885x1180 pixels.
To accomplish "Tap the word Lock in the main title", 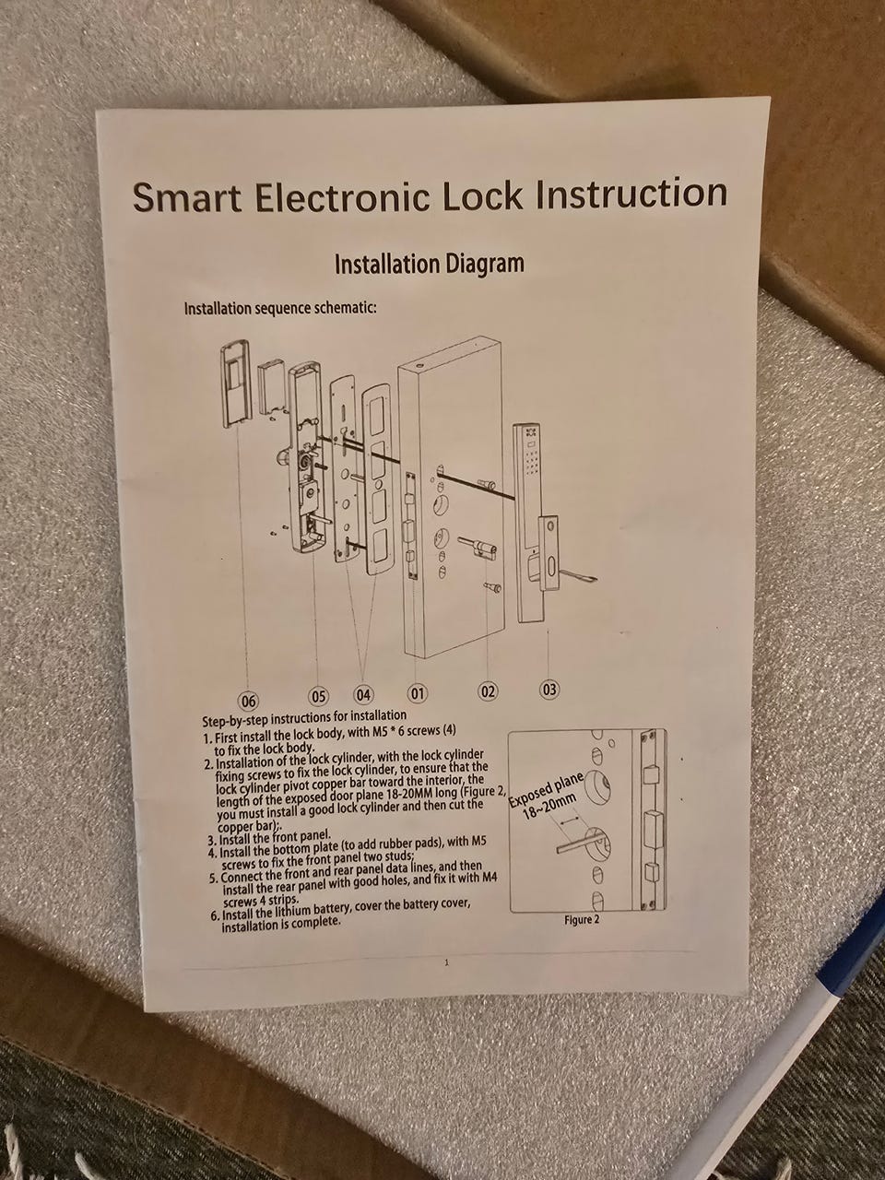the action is click(481, 195).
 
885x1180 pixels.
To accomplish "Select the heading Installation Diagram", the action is click(429, 264).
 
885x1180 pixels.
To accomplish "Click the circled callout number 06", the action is click(248, 701).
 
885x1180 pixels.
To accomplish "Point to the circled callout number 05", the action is click(318, 697).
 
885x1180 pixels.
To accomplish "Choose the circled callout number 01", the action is click(418, 693).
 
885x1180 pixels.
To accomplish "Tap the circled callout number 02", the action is click(488, 691).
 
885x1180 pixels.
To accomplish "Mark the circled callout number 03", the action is click(549, 690).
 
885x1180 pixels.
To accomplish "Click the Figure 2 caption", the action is click(582, 920).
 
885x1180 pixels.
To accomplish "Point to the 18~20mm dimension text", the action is click(549, 809).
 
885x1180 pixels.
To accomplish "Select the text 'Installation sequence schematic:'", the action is click(280, 309).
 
